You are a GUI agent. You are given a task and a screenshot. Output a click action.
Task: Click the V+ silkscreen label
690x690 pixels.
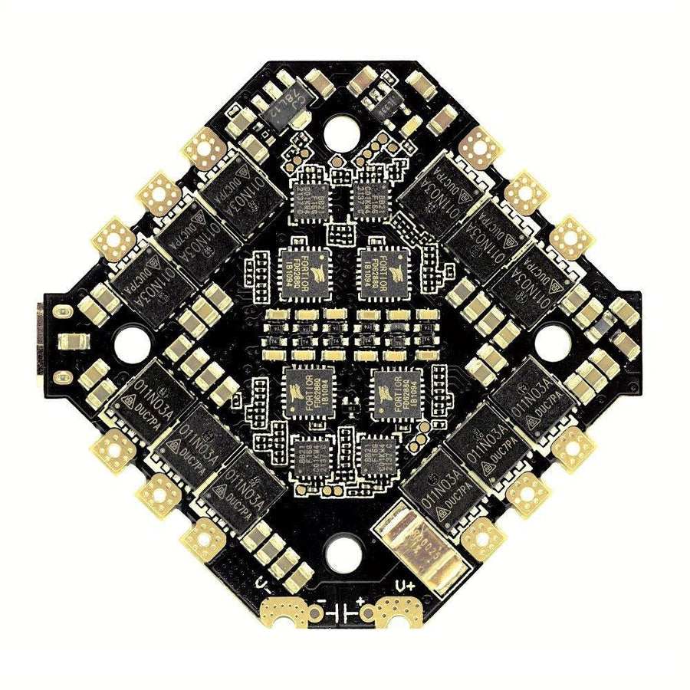[x=405, y=586]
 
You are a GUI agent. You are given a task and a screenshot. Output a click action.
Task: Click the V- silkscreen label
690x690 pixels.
[x=264, y=586]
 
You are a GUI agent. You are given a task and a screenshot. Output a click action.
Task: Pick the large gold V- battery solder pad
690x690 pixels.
[x=291, y=613]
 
